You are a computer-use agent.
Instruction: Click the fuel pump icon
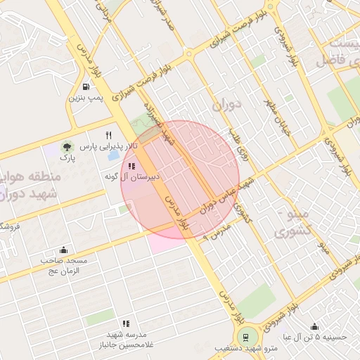[x=86, y=88]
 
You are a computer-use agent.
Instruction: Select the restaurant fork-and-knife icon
[x=108, y=135]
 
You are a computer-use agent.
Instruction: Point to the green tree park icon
[x=67, y=147]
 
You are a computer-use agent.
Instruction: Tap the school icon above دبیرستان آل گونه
[x=131, y=167]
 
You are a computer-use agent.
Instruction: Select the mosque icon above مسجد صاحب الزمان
[x=64, y=250]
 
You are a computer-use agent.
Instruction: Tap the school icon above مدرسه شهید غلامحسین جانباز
[x=126, y=323]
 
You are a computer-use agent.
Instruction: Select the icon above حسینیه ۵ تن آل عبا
[x=314, y=327]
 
